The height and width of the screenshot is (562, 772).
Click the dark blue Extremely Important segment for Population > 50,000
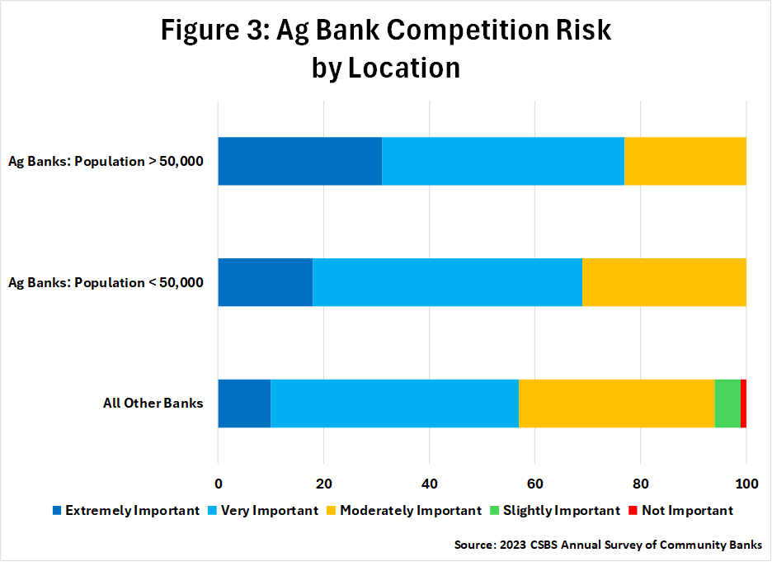tap(300, 161)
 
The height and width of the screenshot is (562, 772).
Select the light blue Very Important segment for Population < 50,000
tap(448, 282)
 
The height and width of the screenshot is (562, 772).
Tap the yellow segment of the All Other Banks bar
tap(616, 404)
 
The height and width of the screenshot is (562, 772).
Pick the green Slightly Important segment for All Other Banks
tap(727, 404)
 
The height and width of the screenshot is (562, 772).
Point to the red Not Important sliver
tap(743, 404)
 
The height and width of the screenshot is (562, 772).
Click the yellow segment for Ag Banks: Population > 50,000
tap(685, 161)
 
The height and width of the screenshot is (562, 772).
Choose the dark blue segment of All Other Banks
tap(244, 404)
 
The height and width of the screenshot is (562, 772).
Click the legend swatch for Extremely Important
tap(57, 510)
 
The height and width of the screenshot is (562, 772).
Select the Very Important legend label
tap(270, 510)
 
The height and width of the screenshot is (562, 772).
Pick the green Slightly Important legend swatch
tap(495, 510)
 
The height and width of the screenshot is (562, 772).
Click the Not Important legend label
tap(687, 510)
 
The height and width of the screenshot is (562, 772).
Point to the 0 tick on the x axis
tap(218, 484)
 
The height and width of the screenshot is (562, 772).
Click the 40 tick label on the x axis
tap(430, 484)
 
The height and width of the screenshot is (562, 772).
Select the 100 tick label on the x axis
tap(746, 484)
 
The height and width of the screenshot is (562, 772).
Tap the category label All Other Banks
tap(153, 403)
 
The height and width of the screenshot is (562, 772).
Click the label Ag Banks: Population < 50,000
tap(106, 282)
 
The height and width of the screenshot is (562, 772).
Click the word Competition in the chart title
tap(468, 31)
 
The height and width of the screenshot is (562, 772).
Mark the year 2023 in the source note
tap(512, 545)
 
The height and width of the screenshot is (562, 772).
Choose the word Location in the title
tap(404, 68)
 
